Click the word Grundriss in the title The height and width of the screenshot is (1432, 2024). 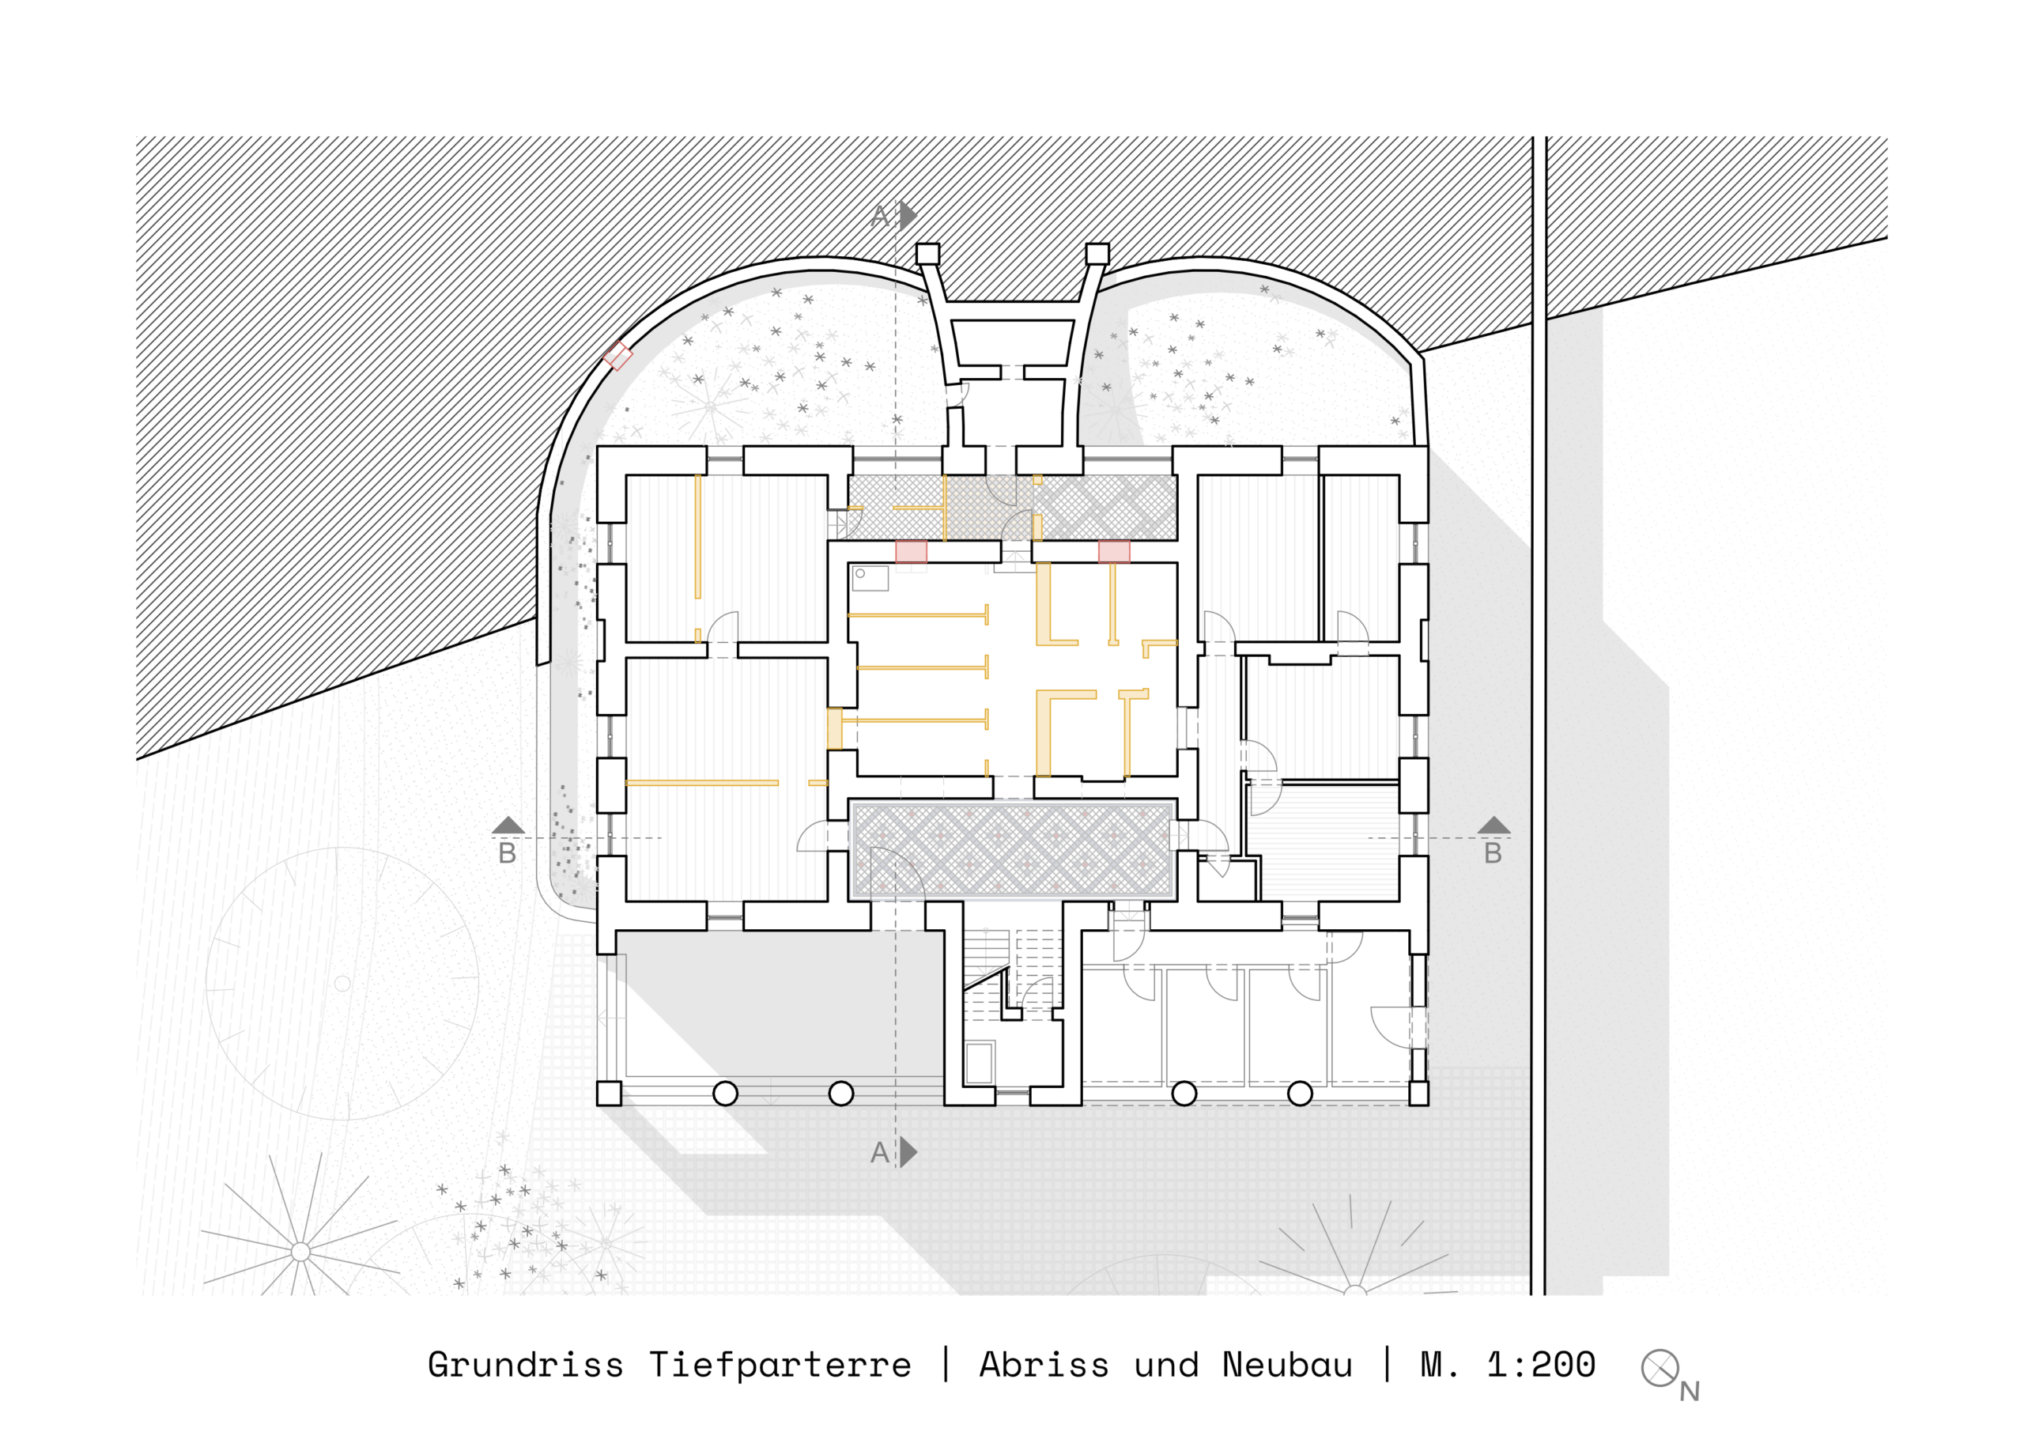pos(526,1365)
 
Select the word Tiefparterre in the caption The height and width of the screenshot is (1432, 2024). pos(780,1365)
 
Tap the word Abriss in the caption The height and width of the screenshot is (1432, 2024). pos(1044,1365)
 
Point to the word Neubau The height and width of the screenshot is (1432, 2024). pos(1287,1365)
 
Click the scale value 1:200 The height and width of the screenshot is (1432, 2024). pos(1541,1365)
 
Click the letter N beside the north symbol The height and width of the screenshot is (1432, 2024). pos(1689,1392)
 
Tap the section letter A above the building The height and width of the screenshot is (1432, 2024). pos(880,216)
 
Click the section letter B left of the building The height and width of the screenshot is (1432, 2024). pos(507,853)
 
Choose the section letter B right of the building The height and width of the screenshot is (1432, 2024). pos(1493,853)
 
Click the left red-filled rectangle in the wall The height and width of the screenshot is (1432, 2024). pos(911,552)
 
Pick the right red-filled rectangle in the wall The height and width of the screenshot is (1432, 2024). pos(1114,552)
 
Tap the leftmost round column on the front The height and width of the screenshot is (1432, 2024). pos(725,1094)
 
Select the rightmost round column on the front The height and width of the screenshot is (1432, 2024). pos(1301,1094)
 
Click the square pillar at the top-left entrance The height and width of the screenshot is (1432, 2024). pos(927,254)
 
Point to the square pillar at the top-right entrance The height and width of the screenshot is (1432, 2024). pos(1097,254)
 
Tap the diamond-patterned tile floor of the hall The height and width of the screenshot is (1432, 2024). pos(1012,849)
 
